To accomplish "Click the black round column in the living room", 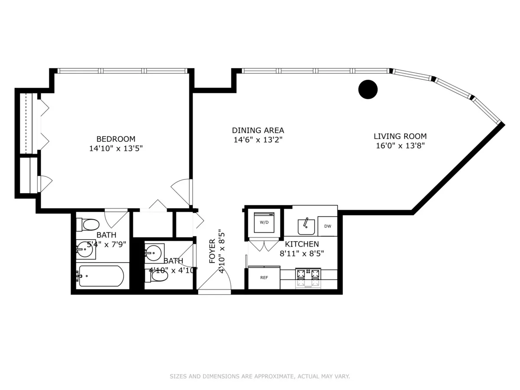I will pyautogui.click(x=368, y=90).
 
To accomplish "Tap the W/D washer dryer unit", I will pyautogui.click(x=264, y=223).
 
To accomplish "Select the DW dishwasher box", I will pyautogui.click(x=327, y=226).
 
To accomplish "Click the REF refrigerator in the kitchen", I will pyautogui.click(x=264, y=277).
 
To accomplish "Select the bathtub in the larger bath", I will pyautogui.click(x=101, y=276).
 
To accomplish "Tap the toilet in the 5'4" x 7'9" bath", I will pyautogui.click(x=88, y=224).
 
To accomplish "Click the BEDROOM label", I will pyautogui.click(x=116, y=139).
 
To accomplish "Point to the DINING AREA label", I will pyautogui.click(x=258, y=130).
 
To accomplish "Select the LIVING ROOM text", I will pyautogui.click(x=400, y=136).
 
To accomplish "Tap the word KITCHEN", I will pyautogui.click(x=302, y=244).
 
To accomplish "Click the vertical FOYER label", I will pyautogui.click(x=212, y=251).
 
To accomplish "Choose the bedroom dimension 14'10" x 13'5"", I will pyautogui.click(x=116, y=148).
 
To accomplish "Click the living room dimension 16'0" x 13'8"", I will pyautogui.click(x=400, y=146).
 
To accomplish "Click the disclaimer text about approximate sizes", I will pyautogui.click(x=260, y=377).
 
